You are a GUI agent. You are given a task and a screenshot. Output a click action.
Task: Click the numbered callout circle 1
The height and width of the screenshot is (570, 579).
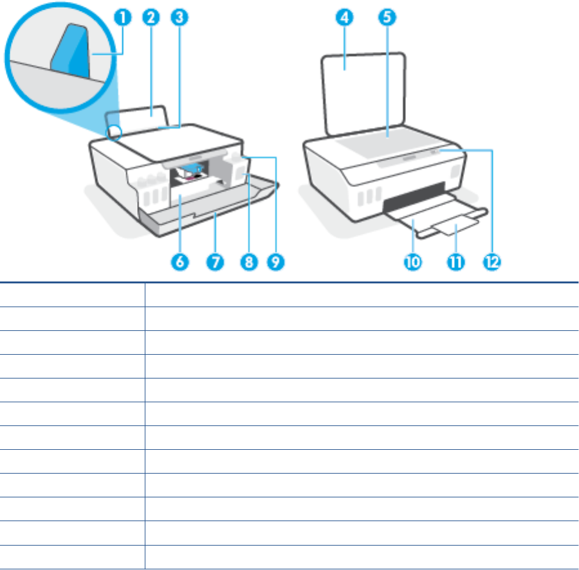123,17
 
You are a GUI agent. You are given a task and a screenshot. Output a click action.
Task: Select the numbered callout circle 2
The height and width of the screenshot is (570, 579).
151,17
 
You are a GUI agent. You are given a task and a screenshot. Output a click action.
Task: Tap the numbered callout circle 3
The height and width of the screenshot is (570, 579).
179,17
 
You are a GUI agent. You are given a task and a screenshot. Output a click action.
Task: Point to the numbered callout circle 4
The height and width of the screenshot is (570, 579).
345,17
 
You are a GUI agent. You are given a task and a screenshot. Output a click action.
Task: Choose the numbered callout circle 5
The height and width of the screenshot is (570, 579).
387,17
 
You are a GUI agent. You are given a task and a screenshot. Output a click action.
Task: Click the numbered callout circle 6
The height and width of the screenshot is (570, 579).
180,262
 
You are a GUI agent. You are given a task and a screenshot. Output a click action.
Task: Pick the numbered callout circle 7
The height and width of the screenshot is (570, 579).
216,262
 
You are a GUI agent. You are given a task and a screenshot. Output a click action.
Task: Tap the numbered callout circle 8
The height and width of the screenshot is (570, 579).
249,262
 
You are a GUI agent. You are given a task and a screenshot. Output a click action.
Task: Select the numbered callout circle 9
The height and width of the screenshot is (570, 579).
276,262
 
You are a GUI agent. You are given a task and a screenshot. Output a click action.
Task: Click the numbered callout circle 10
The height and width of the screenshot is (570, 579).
413,262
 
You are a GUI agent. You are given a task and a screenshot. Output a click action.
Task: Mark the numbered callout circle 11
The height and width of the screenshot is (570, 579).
455,262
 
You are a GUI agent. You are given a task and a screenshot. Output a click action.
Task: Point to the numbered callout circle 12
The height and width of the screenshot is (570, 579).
492,262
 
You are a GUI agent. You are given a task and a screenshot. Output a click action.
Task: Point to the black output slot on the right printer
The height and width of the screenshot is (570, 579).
414,197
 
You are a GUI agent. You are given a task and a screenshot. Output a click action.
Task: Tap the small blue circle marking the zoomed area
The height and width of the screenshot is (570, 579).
114,132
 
